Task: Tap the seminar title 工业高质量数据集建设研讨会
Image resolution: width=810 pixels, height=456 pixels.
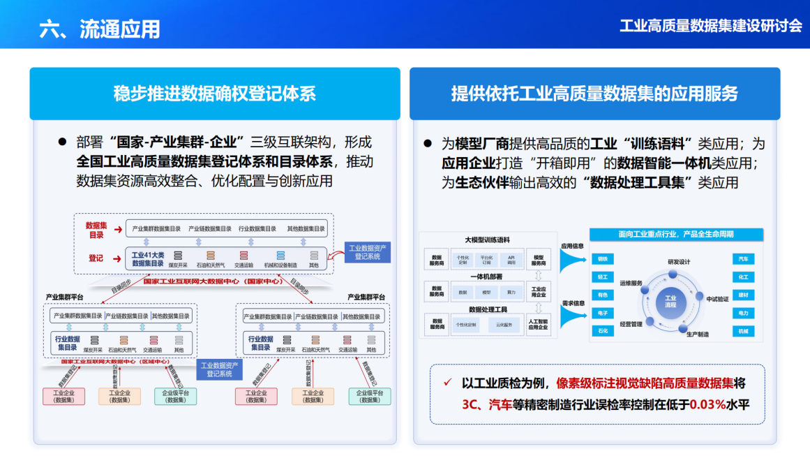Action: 711,26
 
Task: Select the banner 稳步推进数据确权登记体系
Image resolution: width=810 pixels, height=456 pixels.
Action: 215,94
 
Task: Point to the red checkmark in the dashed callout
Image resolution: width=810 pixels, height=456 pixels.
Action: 448,383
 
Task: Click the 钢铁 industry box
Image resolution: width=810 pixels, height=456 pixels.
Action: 602,259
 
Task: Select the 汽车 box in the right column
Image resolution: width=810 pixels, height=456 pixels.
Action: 743,259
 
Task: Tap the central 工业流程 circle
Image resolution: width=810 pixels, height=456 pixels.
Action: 670,302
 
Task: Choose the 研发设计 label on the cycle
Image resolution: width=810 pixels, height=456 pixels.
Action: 678,262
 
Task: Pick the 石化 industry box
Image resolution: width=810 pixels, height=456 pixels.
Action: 602,331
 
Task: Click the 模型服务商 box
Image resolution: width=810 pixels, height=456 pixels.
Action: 539,259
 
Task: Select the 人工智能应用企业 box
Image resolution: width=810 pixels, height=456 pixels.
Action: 539,325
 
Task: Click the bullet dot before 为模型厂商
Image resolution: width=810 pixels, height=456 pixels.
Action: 428,145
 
